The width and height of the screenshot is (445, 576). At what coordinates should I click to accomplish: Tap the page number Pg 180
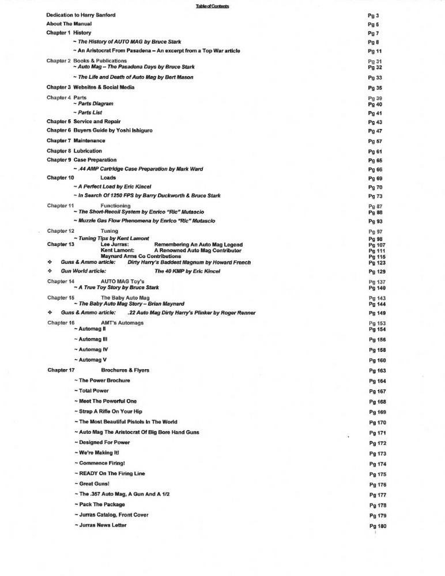tap(377, 526)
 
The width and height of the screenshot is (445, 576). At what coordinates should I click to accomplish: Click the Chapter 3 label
tap(58, 87)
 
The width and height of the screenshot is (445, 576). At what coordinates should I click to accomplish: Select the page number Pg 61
tap(375, 151)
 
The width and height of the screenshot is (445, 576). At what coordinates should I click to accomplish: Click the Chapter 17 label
tap(61, 370)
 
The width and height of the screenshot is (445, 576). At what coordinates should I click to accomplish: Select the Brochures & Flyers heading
tap(125, 370)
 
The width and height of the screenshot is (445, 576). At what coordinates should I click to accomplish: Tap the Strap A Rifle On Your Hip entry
tap(112, 412)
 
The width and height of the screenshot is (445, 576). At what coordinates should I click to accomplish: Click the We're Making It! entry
tap(100, 453)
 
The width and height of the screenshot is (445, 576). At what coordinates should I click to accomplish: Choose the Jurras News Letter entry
tap(101, 525)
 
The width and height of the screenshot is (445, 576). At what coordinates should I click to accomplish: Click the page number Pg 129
tap(377, 271)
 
